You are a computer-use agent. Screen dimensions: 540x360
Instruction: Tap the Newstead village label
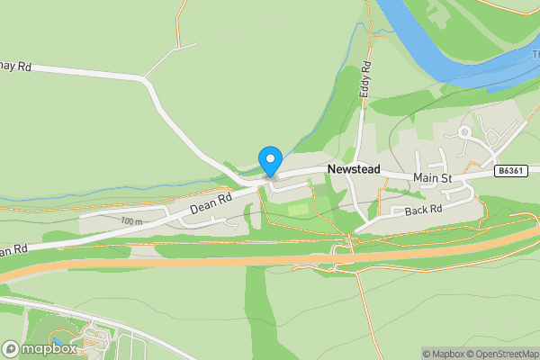pyautogui.click(x=354, y=169)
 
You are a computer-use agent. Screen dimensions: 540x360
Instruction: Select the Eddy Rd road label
pyautogui.click(x=366, y=80)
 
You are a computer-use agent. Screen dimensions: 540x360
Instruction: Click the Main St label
pyautogui.click(x=432, y=178)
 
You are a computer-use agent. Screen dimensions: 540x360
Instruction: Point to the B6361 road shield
pyautogui.click(x=509, y=171)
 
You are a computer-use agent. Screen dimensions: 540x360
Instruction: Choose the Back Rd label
pyautogui.click(x=422, y=211)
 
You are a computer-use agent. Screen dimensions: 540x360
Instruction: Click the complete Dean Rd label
pyautogui.click(x=211, y=202)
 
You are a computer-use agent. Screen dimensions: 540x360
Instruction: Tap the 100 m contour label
pyautogui.click(x=131, y=220)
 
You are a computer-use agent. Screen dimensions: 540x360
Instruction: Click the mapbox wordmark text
pyautogui.click(x=49, y=348)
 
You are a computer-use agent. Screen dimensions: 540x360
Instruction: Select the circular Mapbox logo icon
pyautogui.click(x=12, y=348)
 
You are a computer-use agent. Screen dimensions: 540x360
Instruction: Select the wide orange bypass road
pyautogui.click(x=270, y=261)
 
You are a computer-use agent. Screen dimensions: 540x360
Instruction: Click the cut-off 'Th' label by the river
pyautogui.click(x=533, y=53)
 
